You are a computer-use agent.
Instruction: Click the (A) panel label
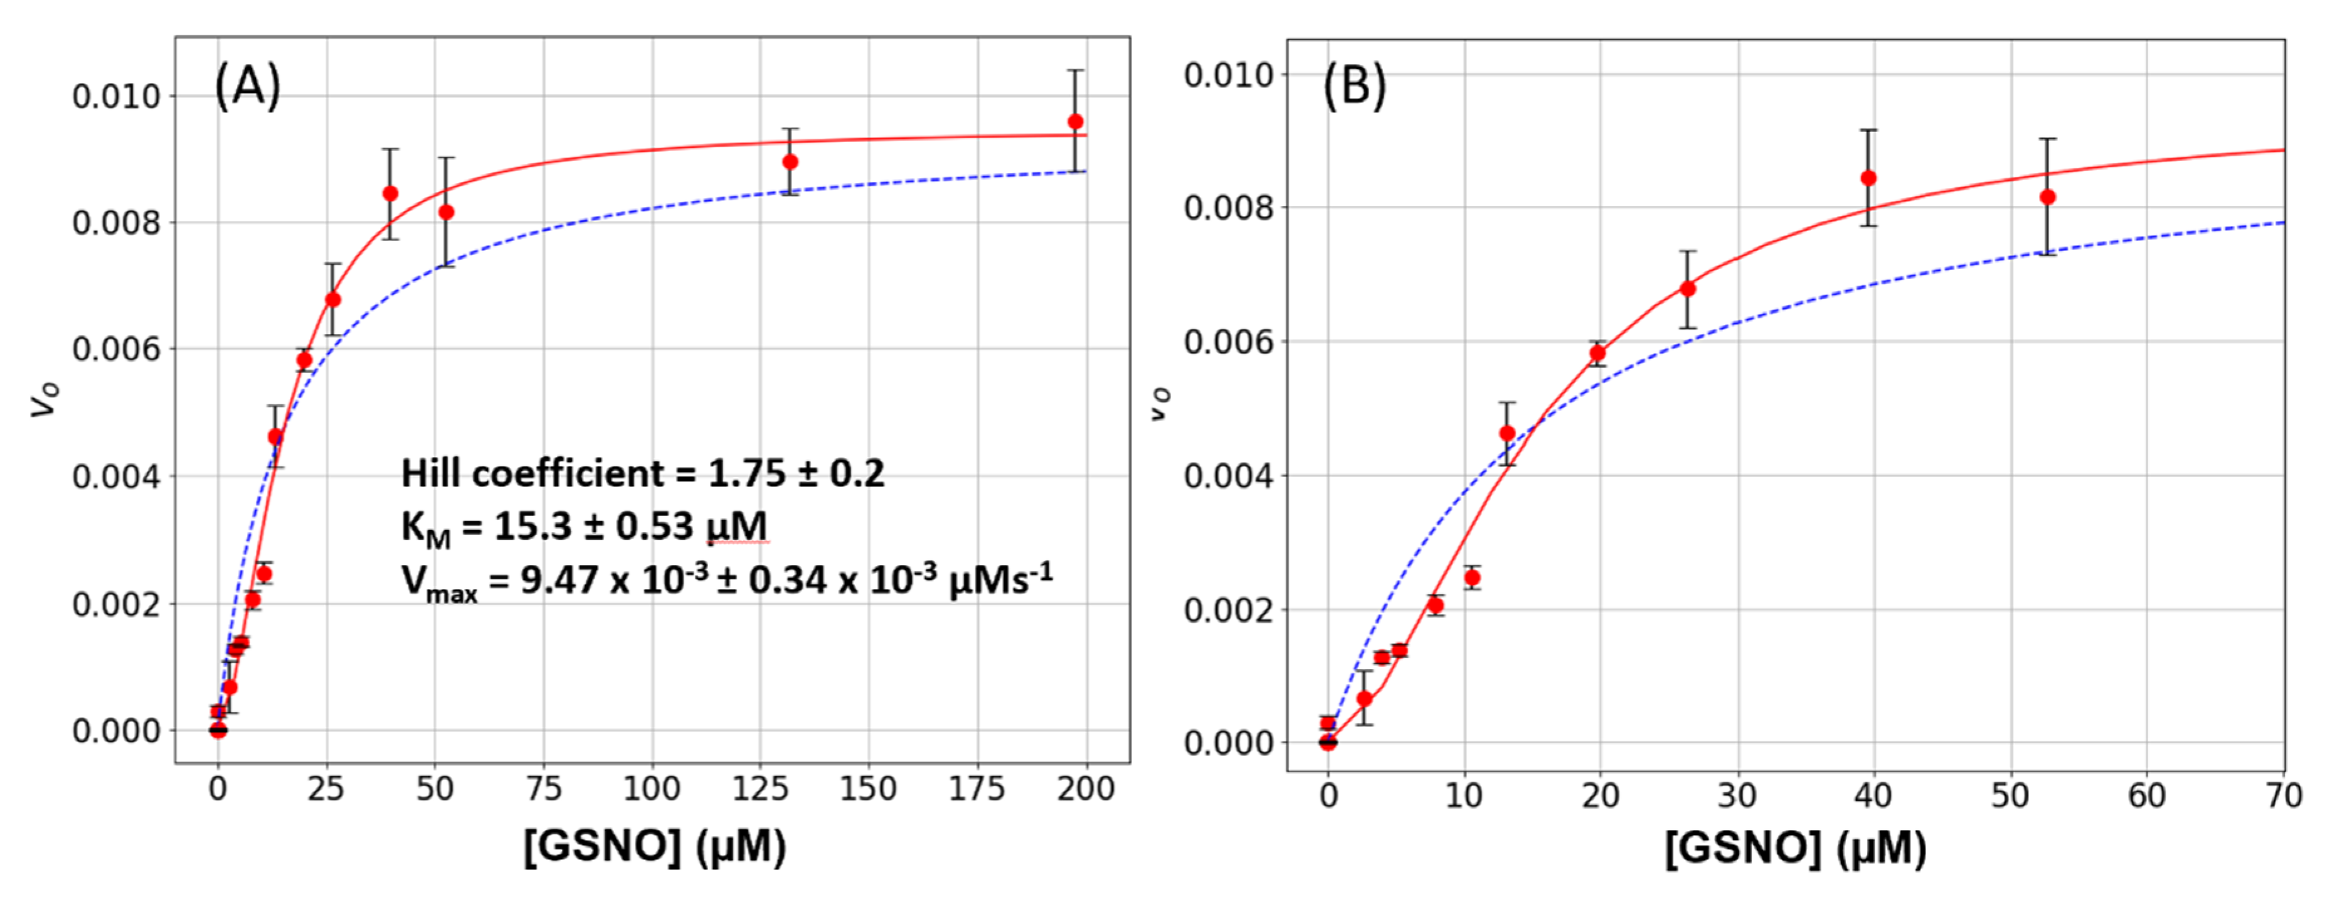[x=247, y=88]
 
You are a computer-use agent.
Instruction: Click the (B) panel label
[x=1354, y=88]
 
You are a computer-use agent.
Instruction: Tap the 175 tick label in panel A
[x=977, y=789]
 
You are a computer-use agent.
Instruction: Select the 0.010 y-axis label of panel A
[x=116, y=96]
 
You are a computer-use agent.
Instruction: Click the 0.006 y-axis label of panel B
[x=1227, y=342]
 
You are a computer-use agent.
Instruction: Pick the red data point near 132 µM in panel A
[x=790, y=162]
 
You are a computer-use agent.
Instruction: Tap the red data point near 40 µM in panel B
[x=1868, y=178]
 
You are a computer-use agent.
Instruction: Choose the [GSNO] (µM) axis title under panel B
[x=1795, y=849]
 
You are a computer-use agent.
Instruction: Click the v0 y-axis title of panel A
[x=45, y=399]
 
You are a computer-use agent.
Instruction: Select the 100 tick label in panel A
[x=652, y=789]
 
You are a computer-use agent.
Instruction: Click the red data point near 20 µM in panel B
[x=1598, y=352]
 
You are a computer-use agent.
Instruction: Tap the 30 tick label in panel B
[x=1736, y=796]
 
